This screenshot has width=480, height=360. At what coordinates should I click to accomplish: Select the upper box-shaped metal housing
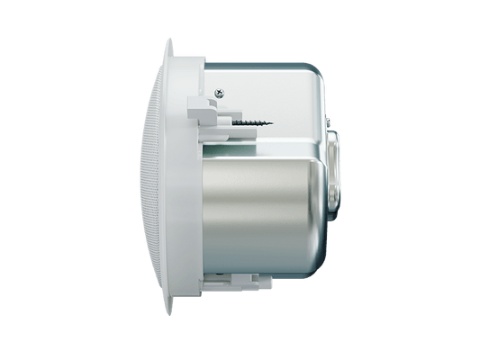(279, 99)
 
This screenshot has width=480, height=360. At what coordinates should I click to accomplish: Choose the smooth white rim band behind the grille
(180, 180)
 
